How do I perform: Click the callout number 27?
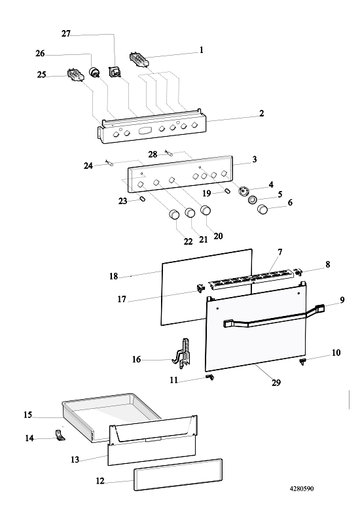[66, 34]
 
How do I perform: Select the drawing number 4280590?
[302, 489]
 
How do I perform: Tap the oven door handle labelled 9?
[274, 317]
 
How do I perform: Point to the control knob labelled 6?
[262, 210]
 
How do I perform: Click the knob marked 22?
[175, 215]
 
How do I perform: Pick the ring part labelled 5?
[253, 200]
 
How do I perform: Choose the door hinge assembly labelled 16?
[183, 354]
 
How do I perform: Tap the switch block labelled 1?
[139, 60]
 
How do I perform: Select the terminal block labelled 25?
[75, 76]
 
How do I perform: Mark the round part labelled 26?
[94, 72]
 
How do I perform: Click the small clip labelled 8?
[298, 272]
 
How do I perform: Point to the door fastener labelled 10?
[303, 362]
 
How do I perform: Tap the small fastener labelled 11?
[210, 377]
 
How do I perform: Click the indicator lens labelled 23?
[141, 198]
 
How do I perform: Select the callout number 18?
[113, 276]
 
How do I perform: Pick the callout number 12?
[100, 481]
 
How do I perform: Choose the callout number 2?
[262, 113]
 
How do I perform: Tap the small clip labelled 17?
[200, 287]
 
